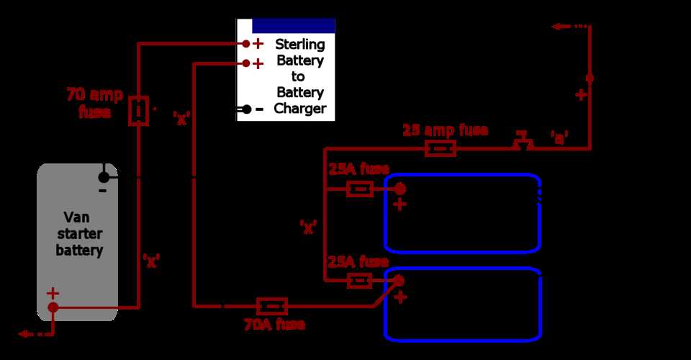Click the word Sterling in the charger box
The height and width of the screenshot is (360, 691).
click(x=300, y=45)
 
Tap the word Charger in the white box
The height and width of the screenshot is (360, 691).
click(x=300, y=109)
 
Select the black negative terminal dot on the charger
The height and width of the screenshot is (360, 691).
click(x=246, y=109)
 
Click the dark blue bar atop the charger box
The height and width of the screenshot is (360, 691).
click(x=293, y=25)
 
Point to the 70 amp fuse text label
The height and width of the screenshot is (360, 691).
click(x=94, y=103)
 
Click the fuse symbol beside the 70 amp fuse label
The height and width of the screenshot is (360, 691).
click(x=139, y=111)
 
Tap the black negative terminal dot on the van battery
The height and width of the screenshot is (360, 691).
click(x=104, y=177)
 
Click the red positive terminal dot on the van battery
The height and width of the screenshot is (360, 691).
click(x=53, y=307)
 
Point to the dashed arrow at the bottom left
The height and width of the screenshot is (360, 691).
click(x=36, y=334)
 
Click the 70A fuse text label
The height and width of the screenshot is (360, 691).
click(x=274, y=325)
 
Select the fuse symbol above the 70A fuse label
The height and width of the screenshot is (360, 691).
click(x=272, y=307)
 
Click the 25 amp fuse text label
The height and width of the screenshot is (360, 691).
click(x=445, y=130)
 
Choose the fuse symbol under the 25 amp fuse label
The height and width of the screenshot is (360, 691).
click(x=440, y=149)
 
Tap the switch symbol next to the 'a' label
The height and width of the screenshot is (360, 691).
click(x=523, y=142)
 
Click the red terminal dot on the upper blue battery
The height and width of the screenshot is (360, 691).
click(x=399, y=189)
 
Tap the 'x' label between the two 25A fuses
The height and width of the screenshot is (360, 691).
click(x=309, y=227)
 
